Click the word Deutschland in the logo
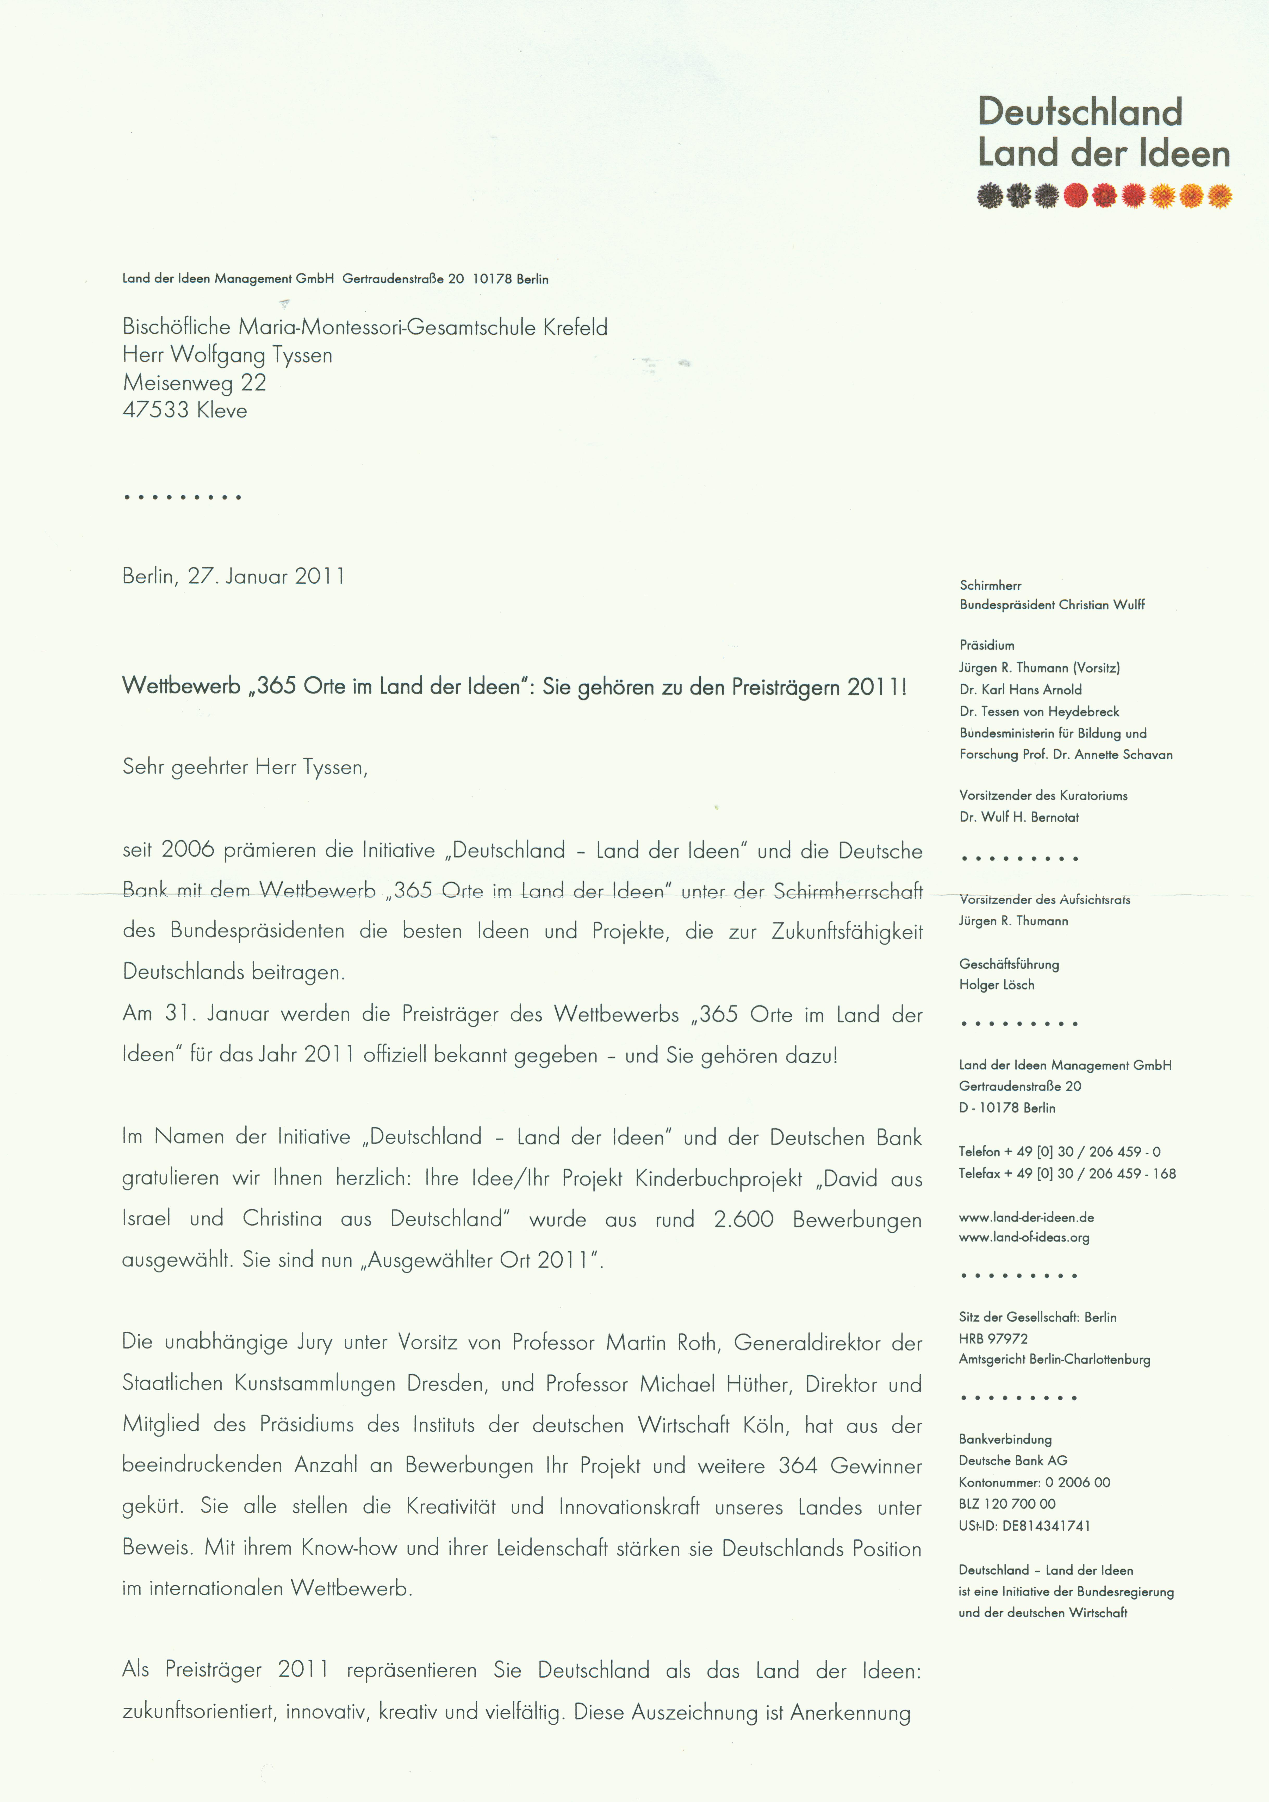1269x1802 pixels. (x=1080, y=112)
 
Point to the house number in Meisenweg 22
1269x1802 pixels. (x=253, y=383)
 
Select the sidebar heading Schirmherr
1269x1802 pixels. (x=990, y=585)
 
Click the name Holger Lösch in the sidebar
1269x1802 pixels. (x=997, y=985)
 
